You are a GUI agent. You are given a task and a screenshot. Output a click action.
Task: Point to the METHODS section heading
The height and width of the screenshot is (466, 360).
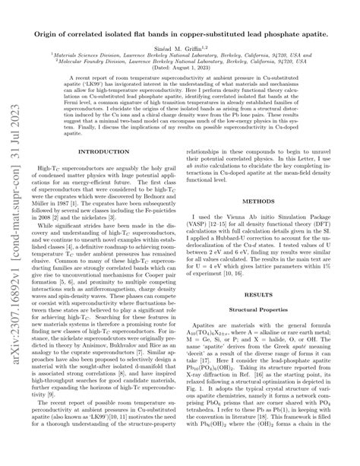(x=268, y=201)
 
